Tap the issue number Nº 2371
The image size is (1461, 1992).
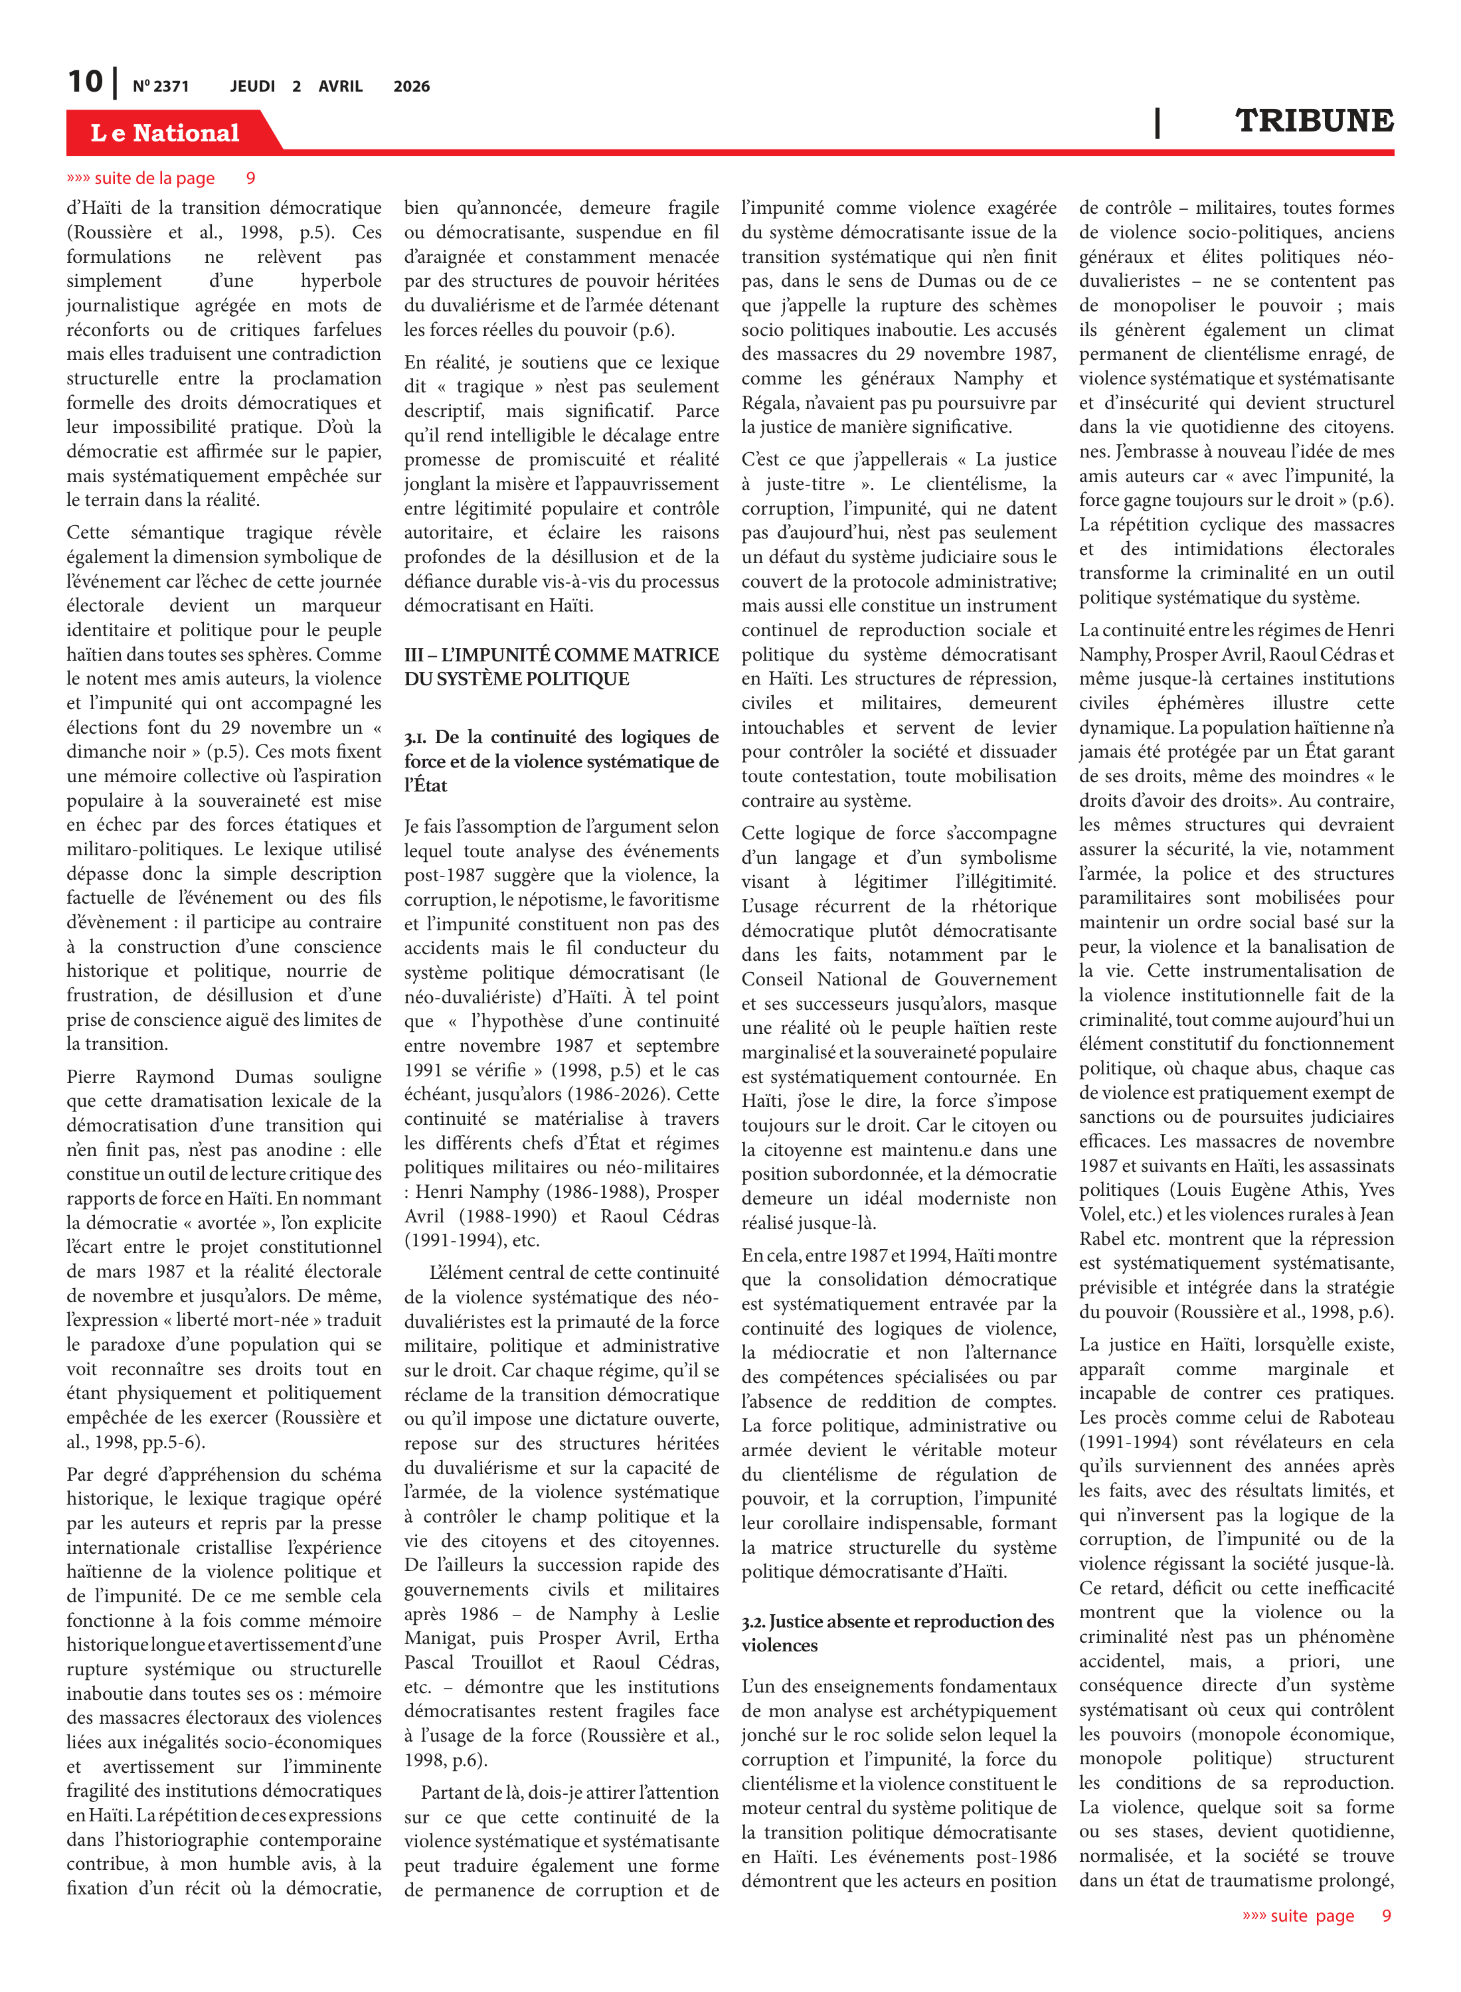161,86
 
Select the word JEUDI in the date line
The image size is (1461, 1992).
253,86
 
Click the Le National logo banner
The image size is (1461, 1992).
165,133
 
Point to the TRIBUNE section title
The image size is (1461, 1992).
1314,121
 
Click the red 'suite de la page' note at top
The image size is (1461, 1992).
155,179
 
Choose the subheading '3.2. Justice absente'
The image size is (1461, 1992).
898,1621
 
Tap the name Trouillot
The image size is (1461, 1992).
507,1662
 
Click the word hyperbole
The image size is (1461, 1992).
341,281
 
